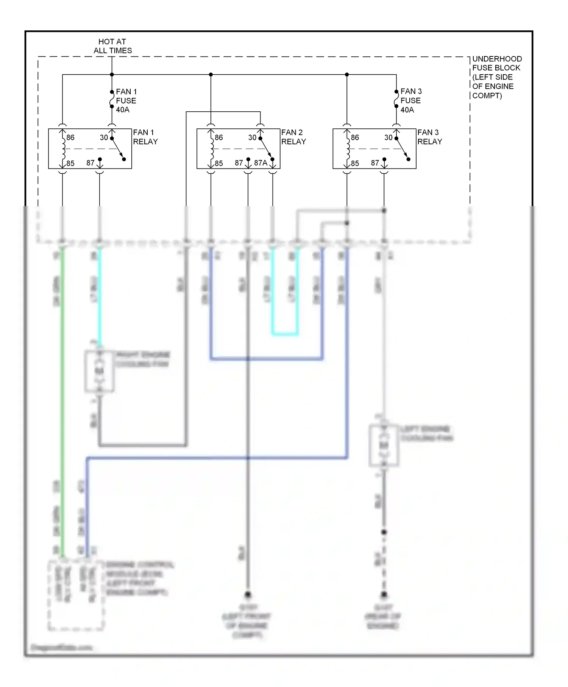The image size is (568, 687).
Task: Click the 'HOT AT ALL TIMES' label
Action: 112,46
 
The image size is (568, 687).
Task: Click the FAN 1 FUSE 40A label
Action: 126,100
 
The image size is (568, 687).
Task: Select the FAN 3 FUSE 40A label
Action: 411,100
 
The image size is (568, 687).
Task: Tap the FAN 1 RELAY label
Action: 145,137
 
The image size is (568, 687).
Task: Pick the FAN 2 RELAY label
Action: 293,137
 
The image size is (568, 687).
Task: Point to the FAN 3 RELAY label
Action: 430,137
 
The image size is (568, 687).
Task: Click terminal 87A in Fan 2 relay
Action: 261,163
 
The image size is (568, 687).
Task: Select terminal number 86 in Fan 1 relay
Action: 70,137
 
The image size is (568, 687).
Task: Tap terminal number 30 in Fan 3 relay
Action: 388,137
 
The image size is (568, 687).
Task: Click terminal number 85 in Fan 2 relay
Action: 218,164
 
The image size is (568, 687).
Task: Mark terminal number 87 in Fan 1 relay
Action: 90,163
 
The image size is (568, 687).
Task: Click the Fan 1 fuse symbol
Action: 112,99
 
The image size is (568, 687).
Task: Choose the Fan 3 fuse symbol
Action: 396,99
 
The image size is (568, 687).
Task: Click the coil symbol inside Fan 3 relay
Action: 348,148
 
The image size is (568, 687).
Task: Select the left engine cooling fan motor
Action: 384,445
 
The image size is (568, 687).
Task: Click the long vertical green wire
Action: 62,379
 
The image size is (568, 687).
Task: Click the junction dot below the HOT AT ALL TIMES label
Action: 112,75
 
